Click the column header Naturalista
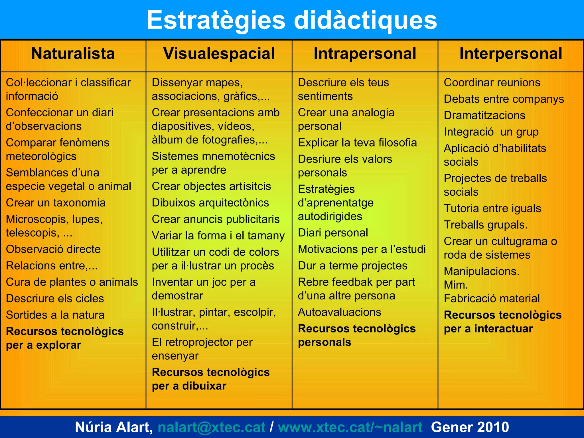point(73,54)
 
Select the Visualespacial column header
point(219,54)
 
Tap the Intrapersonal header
point(365,54)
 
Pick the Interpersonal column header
point(511,54)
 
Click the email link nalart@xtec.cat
point(211,427)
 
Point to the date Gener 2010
point(470,427)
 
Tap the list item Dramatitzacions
point(484,115)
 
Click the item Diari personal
point(333,233)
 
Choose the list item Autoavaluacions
point(339,312)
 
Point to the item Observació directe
point(53,249)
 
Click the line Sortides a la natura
point(55,315)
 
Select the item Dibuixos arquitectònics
point(210,203)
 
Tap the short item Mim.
point(455,285)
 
